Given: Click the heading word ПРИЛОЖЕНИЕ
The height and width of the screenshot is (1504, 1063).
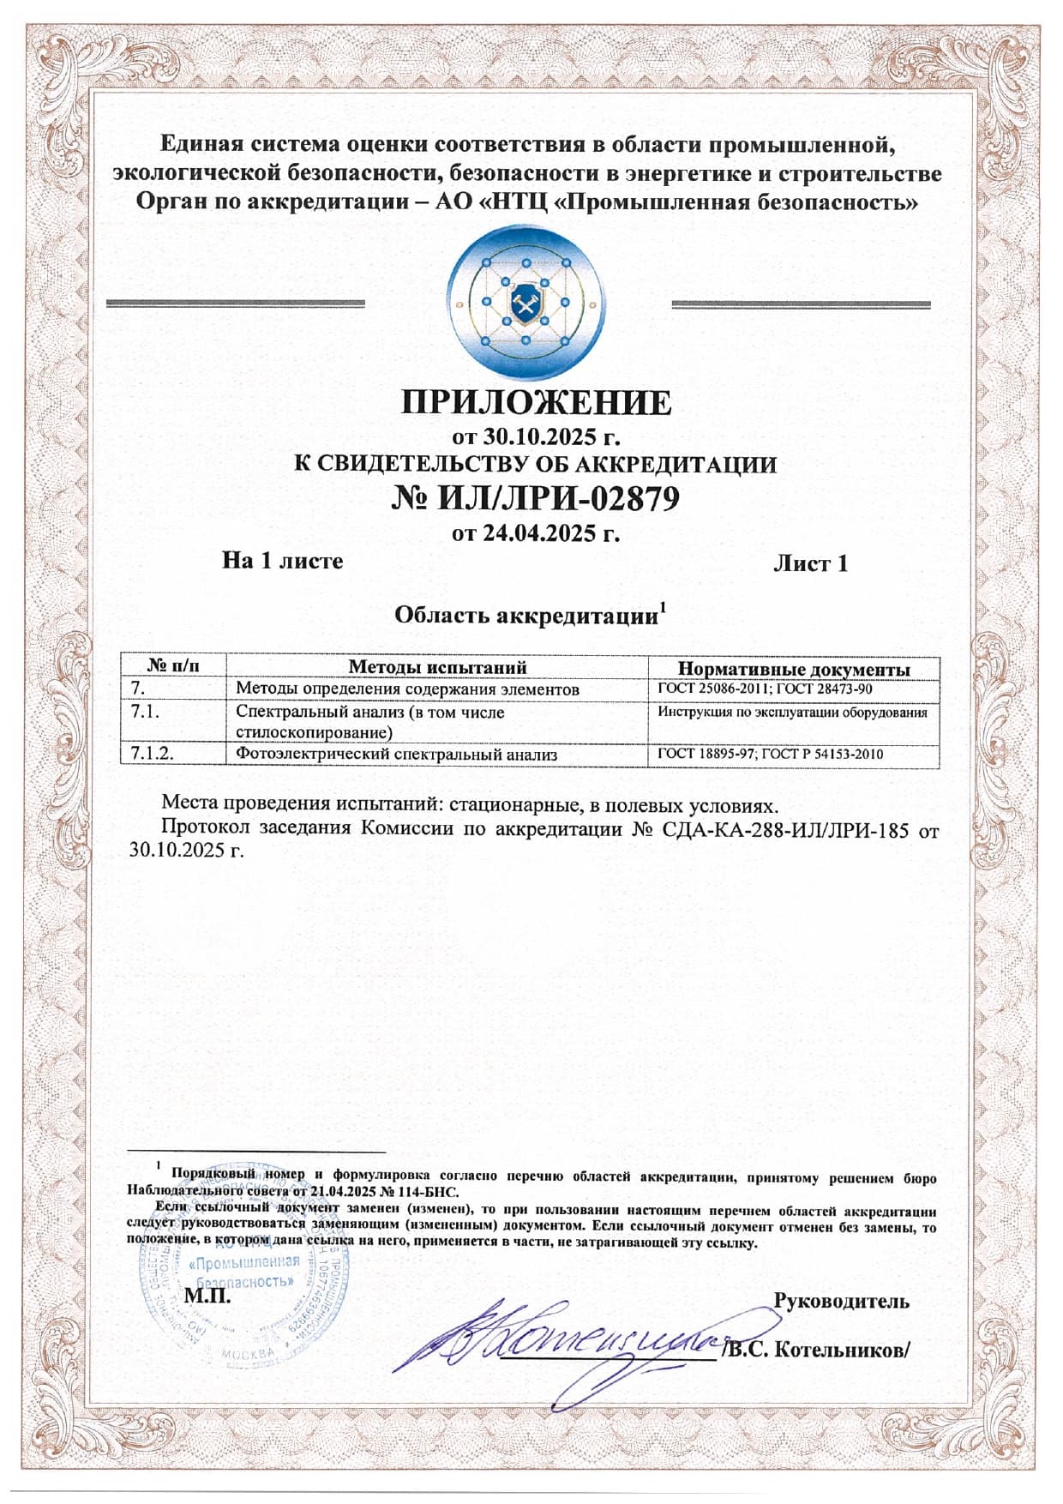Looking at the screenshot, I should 536,403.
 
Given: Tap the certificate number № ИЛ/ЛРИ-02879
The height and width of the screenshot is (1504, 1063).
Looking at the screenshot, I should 536,497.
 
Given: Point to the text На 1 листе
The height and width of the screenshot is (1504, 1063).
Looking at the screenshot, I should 282,561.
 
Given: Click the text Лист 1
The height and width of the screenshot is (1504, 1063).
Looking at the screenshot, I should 810,563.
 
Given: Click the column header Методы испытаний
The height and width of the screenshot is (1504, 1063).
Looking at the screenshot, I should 437,667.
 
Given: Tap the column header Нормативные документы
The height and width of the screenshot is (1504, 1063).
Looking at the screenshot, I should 794,669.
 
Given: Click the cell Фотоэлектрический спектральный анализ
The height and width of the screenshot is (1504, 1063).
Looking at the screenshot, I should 396,755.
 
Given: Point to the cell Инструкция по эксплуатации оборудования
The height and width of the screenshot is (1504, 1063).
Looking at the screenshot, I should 792,712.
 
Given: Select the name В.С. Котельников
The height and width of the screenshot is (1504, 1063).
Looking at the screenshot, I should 818,1350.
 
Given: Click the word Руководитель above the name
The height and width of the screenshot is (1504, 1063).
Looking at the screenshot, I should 841,1301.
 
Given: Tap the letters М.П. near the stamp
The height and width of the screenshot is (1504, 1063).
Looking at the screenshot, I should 207,1296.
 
